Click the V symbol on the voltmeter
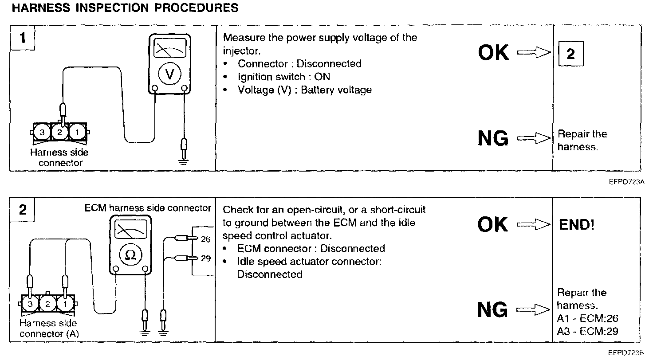tap(169, 74)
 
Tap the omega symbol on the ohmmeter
tap(130, 255)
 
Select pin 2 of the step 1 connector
tap(59, 133)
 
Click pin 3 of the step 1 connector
tap(42, 133)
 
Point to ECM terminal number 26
tap(205, 239)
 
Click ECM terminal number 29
tap(205, 258)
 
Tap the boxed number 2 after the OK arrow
tap(571, 54)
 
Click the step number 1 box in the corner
tap(23, 38)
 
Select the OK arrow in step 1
tap(534, 52)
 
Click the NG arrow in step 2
tap(533, 309)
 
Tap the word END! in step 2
tap(576, 225)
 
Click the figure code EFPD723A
tap(626, 182)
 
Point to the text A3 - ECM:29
tap(587, 331)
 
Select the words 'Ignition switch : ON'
tap(283, 77)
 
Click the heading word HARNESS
tap(41, 8)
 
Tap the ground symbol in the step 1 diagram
tap(183, 162)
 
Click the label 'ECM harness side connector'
tap(148, 207)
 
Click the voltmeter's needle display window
tap(170, 48)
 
